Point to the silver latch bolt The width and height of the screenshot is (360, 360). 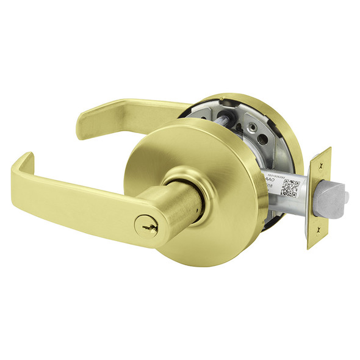tap(336, 196)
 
